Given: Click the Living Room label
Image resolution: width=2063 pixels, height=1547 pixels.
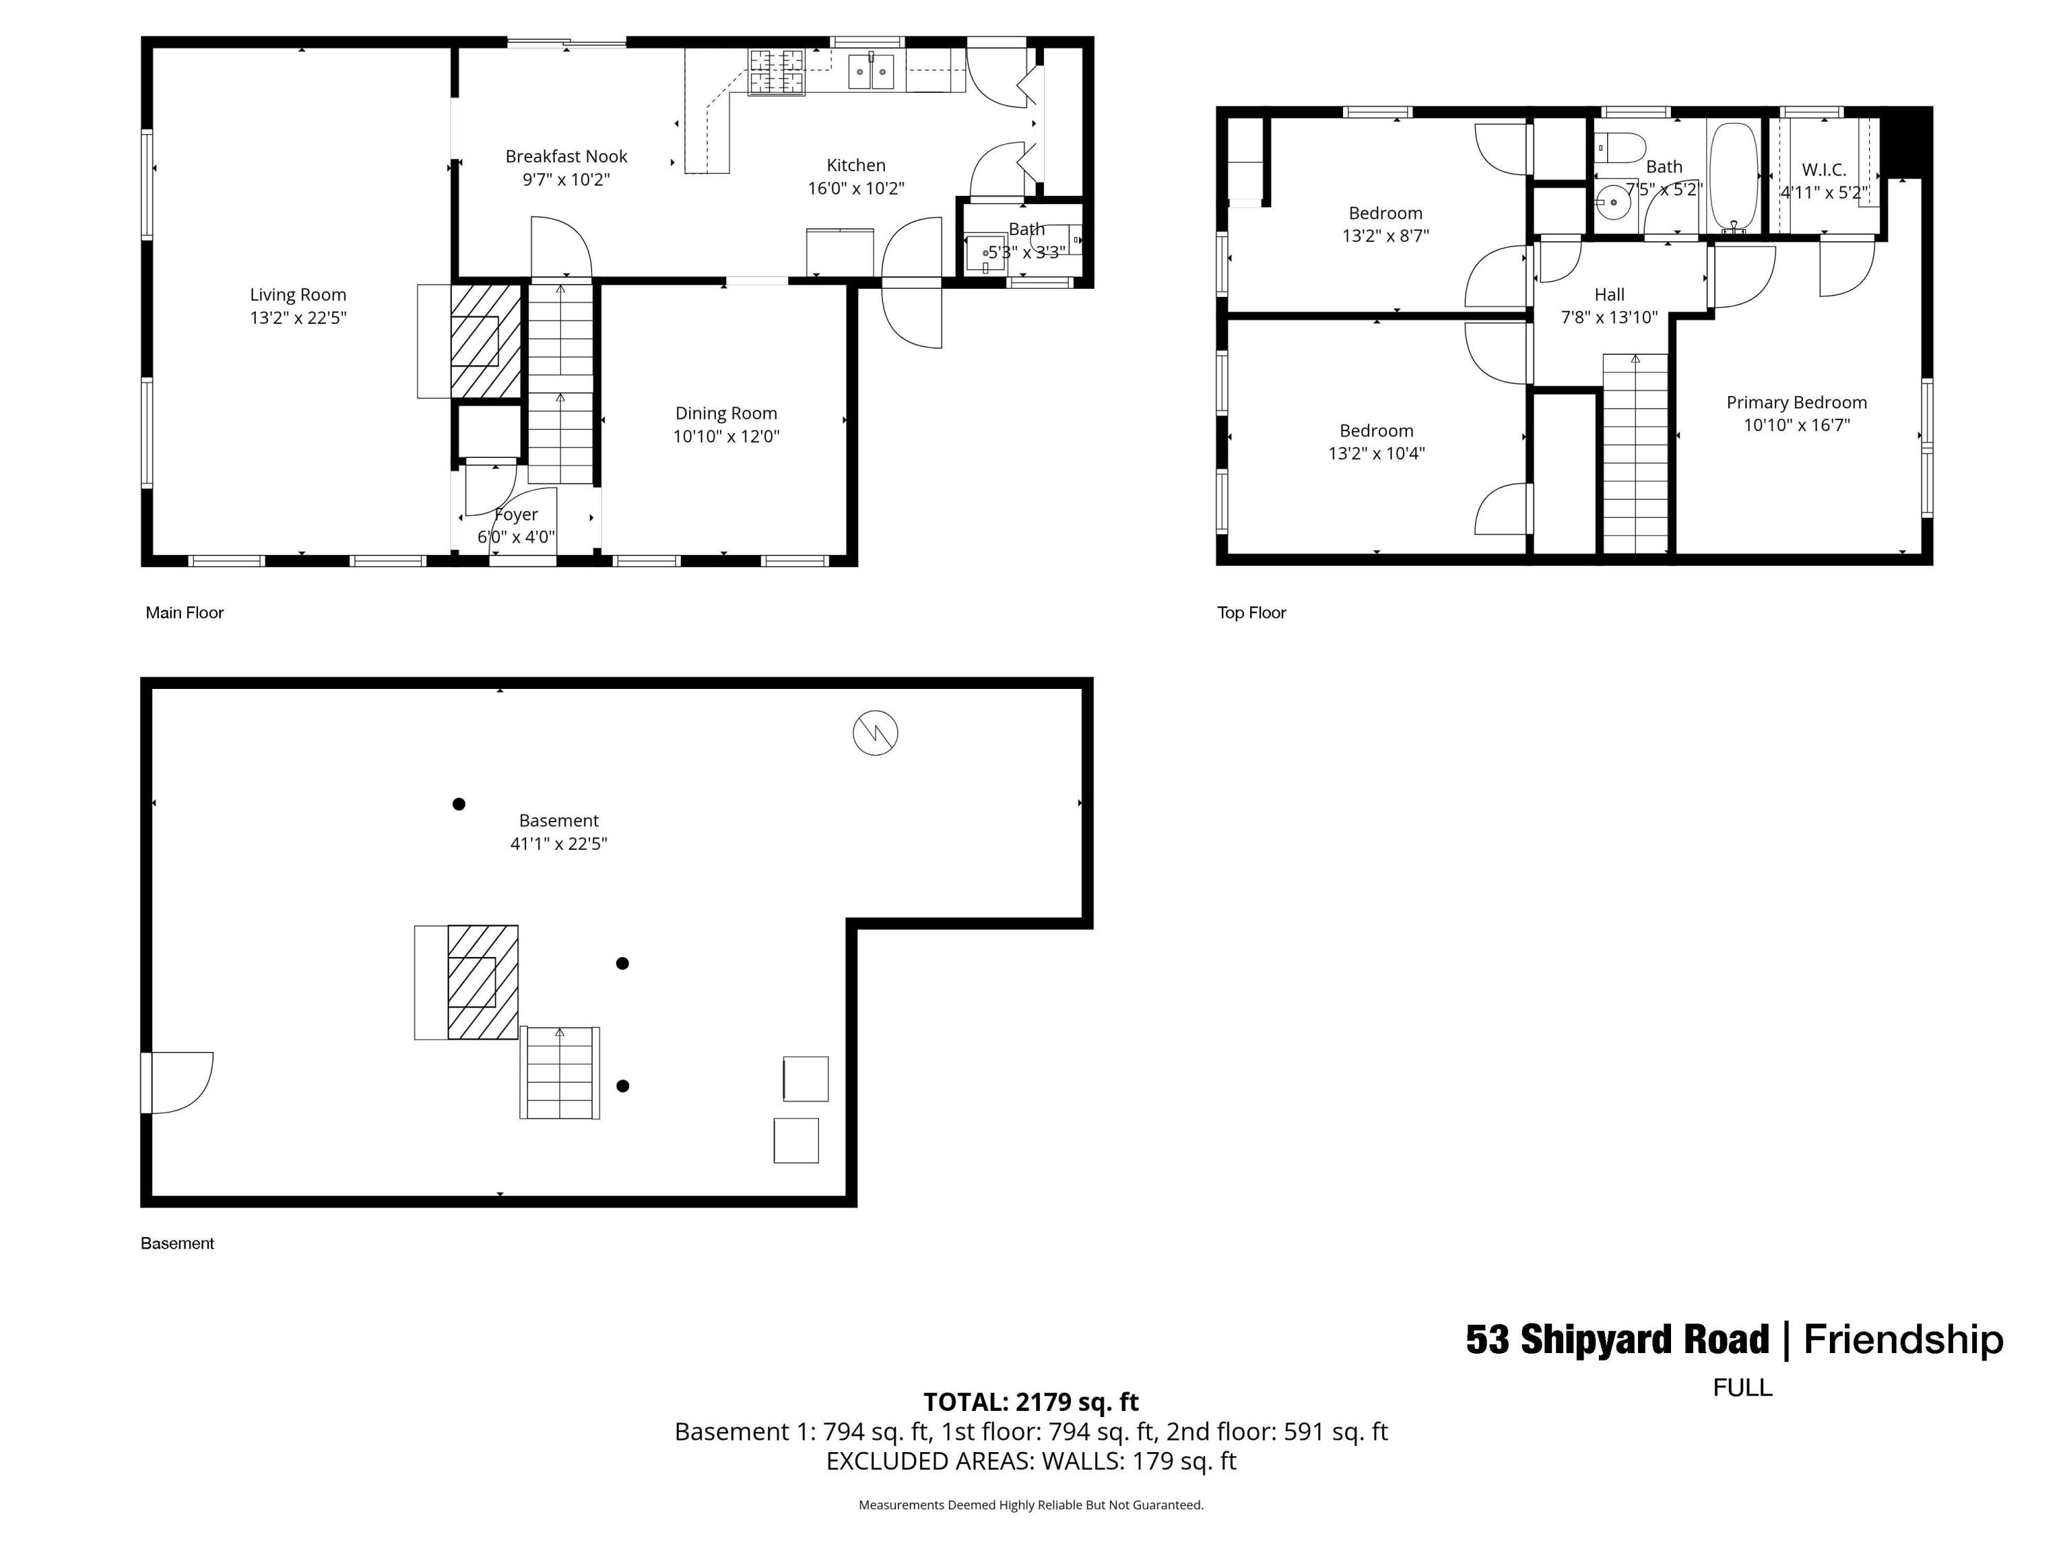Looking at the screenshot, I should pyautogui.click(x=298, y=295).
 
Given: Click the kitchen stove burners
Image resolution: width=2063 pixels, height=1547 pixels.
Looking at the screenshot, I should pyautogui.click(x=776, y=72).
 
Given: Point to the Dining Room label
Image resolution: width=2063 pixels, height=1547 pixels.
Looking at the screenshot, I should pyautogui.click(x=725, y=413).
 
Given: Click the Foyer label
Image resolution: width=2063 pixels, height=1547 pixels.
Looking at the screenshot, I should pyautogui.click(x=516, y=515).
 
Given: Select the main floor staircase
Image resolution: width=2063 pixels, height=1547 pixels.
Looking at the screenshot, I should pyautogui.click(x=560, y=382).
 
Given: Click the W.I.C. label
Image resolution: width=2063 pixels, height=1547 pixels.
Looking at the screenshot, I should pyautogui.click(x=1823, y=170).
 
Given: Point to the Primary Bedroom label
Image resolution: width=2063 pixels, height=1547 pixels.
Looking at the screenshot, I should pyautogui.click(x=1796, y=402).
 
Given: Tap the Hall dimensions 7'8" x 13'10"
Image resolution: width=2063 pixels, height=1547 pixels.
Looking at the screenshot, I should pyautogui.click(x=1609, y=317).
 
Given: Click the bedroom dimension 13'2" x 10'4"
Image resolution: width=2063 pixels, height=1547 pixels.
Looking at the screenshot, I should pyautogui.click(x=1377, y=454).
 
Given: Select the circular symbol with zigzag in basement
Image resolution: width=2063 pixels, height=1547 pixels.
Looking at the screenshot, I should pyautogui.click(x=875, y=733).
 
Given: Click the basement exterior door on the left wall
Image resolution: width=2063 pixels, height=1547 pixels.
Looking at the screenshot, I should pyautogui.click(x=177, y=1083).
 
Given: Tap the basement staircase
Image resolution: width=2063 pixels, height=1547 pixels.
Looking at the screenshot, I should pyautogui.click(x=560, y=1073).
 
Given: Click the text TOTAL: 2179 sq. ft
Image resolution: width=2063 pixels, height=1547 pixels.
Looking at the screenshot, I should pyautogui.click(x=1031, y=1401).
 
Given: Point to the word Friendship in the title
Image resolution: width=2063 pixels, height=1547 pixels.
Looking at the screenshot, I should pyautogui.click(x=1903, y=1339).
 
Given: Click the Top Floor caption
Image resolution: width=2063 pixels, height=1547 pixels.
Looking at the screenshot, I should pyautogui.click(x=1251, y=613).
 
